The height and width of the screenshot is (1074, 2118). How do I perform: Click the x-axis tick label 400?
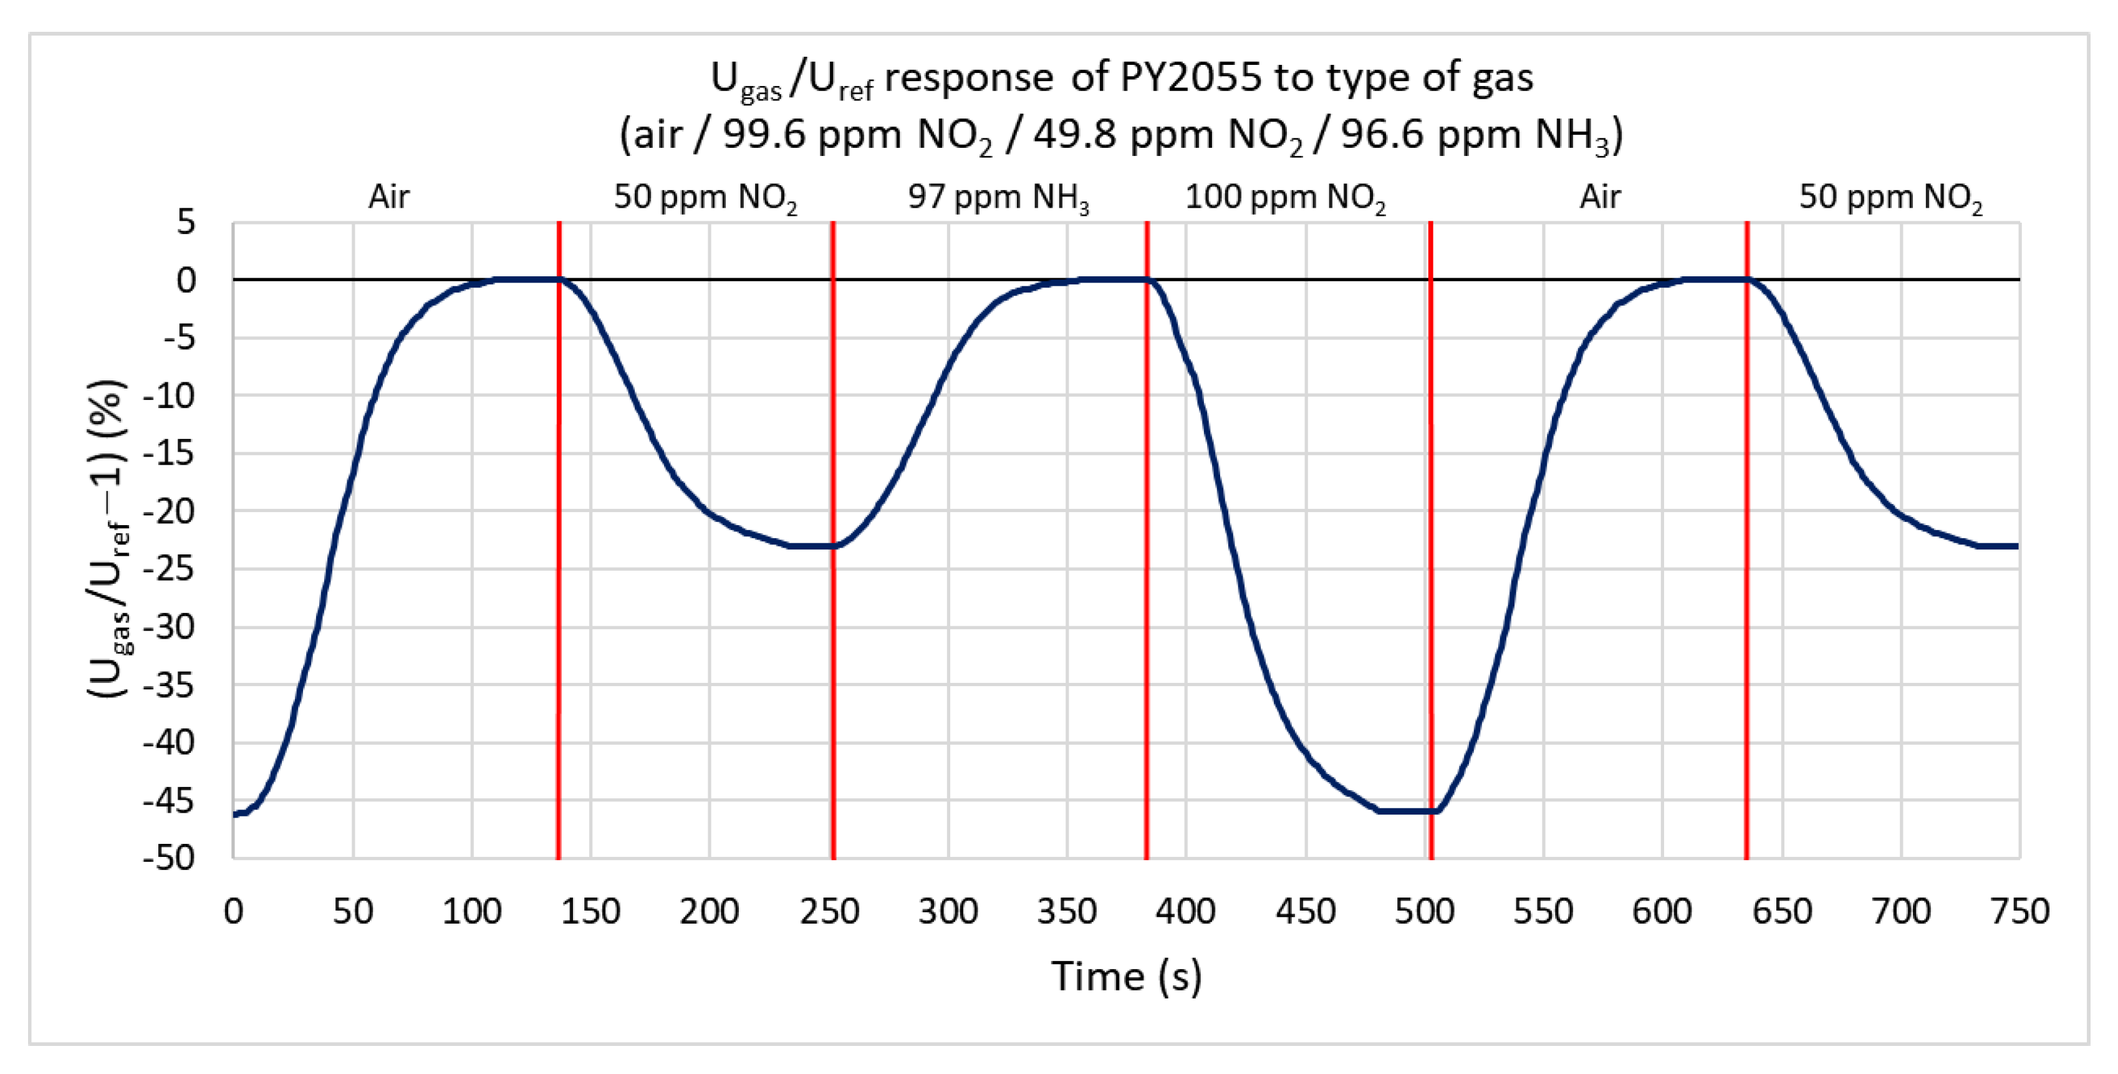(1185, 911)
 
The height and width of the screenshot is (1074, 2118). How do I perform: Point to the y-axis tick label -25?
(170, 568)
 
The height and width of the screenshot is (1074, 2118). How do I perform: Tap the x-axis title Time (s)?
(1127, 976)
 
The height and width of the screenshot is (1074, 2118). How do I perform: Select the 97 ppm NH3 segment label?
(998, 197)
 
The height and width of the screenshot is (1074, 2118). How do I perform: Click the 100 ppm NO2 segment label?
(1285, 197)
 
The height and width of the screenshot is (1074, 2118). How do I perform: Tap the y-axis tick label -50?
(170, 858)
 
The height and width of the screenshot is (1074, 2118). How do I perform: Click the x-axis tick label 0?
(234, 911)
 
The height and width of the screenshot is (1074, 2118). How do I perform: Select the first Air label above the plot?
(388, 196)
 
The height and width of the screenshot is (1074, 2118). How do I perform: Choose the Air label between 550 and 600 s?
(1600, 196)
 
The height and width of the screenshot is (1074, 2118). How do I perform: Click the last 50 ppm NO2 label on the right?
(1890, 197)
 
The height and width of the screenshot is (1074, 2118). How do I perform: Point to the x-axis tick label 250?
(829, 911)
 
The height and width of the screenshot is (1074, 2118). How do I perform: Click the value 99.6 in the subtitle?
(764, 134)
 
